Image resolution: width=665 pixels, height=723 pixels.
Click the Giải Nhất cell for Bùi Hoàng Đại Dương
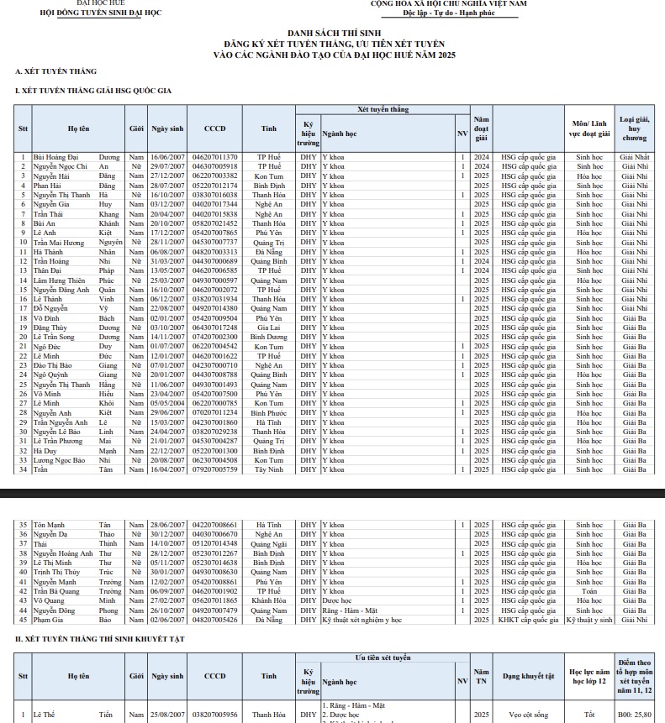(x=635, y=157)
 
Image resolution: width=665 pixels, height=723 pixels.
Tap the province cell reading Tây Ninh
(x=268, y=469)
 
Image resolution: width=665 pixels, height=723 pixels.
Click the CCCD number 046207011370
(x=215, y=157)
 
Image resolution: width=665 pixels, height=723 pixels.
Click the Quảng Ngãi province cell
(x=268, y=543)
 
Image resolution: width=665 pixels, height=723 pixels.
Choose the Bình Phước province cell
(x=268, y=412)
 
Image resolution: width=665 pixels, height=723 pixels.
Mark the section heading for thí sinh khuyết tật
(x=103, y=640)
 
